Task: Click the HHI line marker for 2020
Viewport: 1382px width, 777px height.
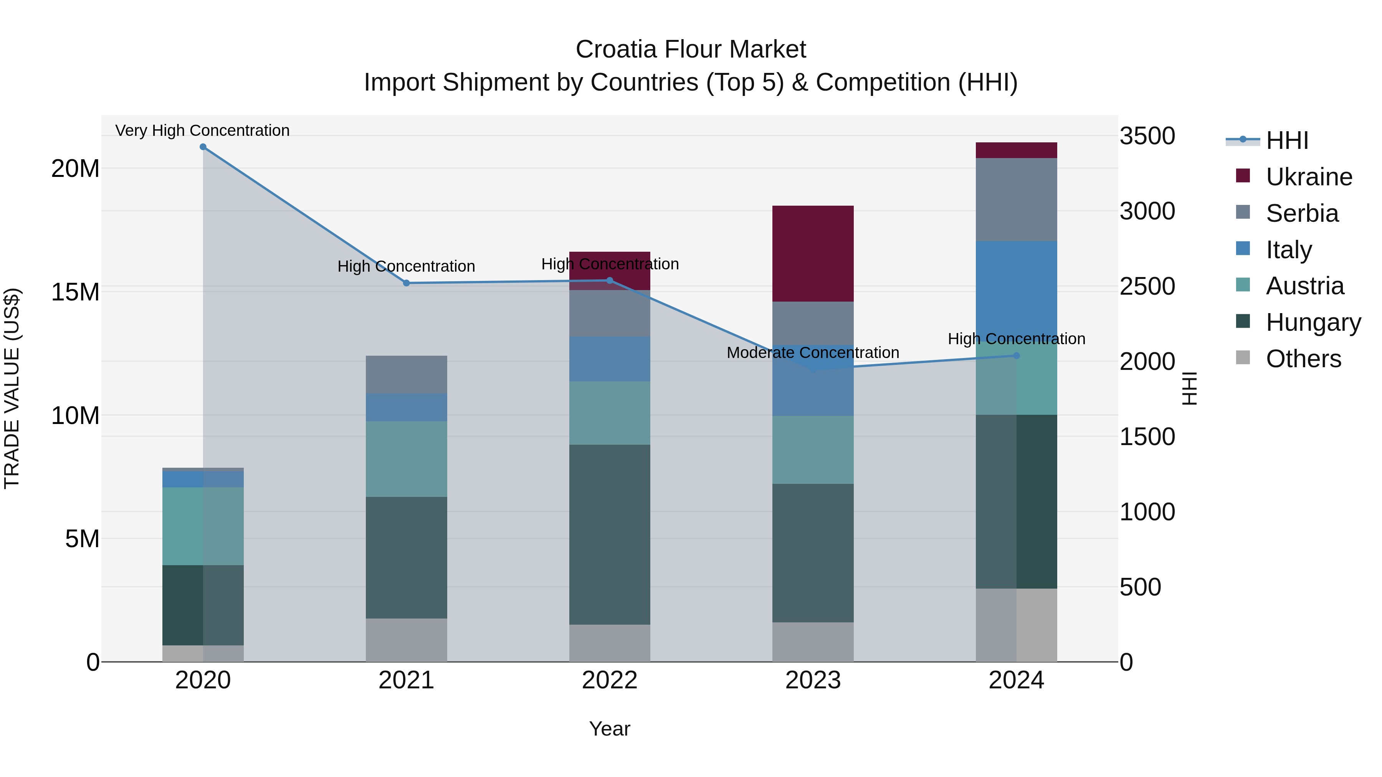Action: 203,147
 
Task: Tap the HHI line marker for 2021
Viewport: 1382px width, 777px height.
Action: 406,283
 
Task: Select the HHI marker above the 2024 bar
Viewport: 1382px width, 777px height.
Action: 1016,356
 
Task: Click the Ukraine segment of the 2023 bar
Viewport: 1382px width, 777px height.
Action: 813,253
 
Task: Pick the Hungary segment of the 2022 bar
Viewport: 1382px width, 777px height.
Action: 610,534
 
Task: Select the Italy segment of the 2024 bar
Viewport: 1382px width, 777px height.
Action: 1016,290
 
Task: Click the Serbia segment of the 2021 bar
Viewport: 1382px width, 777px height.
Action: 406,374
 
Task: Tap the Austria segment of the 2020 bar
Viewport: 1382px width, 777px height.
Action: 203,526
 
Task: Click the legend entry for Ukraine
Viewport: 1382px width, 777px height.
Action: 1309,177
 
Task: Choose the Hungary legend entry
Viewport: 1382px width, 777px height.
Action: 1313,322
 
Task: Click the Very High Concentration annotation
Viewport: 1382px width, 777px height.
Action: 202,130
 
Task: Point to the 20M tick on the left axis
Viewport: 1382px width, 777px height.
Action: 75,169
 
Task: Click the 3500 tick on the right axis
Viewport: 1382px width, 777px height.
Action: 1147,136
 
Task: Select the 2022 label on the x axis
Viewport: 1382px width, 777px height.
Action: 610,680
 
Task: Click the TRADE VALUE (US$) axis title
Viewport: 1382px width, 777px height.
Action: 12,388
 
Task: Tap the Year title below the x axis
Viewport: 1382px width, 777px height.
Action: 610,729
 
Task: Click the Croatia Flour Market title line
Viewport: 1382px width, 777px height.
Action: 691,49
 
